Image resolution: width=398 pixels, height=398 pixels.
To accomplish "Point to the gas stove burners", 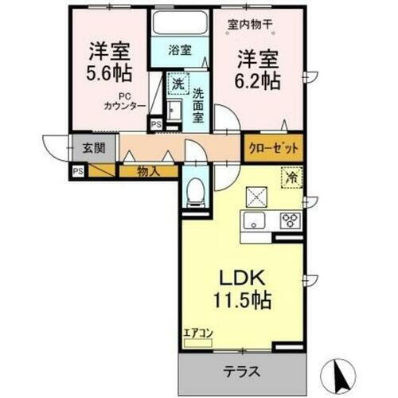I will click(290, 220).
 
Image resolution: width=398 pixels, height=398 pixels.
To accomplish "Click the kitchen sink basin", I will click(256, 220).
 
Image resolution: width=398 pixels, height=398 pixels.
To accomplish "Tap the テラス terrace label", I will click(244, 371).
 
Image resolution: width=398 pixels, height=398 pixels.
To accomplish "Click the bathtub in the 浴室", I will click(179, 23).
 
